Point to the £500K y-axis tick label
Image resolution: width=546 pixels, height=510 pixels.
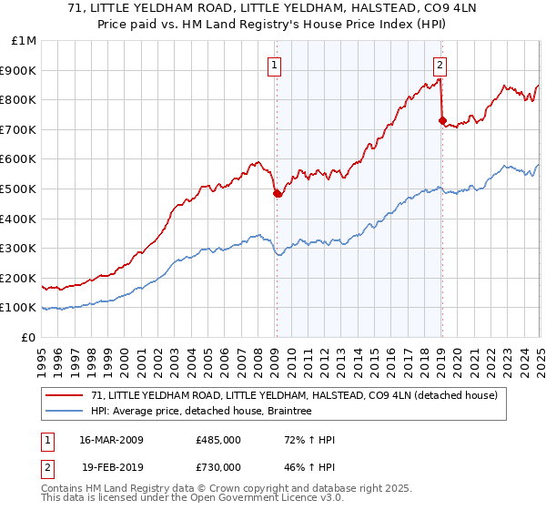(x=20, y=189)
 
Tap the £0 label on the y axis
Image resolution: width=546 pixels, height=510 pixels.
(x=29, y=337)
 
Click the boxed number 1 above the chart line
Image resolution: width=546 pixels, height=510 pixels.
(x=274, y=65)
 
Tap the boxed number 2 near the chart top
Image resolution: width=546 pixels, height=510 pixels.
(x=440, y=65)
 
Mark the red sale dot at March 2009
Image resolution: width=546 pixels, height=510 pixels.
(x=277, y=193)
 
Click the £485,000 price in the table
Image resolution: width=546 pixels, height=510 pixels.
(x=218, y=440)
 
